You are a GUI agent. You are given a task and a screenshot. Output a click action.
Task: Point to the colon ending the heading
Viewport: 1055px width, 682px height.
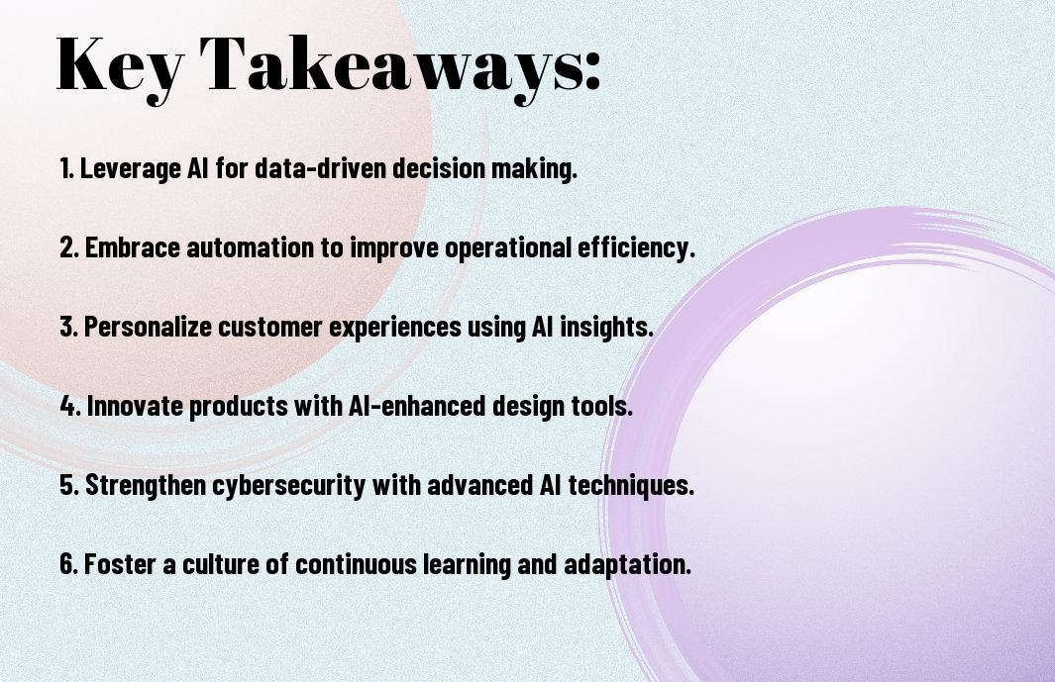[592, 70]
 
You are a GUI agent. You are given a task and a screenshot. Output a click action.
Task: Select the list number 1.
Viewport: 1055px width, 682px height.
[66, 168]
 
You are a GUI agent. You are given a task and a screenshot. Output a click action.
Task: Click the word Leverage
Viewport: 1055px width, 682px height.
[131, 169]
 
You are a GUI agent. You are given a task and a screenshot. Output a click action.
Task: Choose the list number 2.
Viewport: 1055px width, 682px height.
[69, 247]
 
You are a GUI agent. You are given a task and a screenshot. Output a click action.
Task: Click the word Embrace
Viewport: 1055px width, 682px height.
[133, 247]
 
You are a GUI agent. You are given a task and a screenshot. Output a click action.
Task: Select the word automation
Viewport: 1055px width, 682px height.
[251, 247]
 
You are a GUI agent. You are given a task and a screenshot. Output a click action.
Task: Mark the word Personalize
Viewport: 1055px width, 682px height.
[148, 327]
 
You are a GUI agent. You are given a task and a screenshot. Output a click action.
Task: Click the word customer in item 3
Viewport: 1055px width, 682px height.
[269, 327]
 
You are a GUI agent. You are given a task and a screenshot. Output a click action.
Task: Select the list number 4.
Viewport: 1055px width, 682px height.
[70, 406]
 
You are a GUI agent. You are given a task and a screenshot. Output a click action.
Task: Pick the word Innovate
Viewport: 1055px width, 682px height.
[136, 406]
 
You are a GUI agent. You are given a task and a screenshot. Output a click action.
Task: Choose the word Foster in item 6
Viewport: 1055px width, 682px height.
[121, 564]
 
